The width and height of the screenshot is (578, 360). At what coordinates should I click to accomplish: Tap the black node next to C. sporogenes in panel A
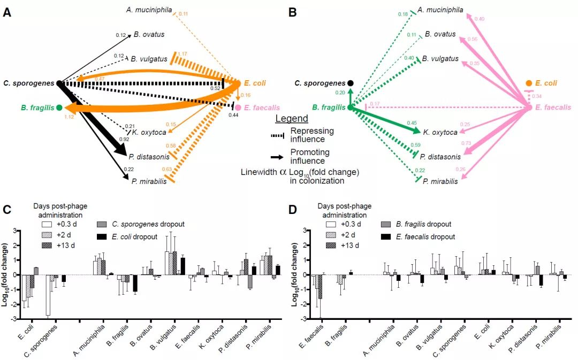(60, 83)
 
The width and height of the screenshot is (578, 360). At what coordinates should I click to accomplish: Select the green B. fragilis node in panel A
(59, 108)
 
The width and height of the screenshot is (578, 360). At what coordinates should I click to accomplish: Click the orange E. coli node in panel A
(238, 83)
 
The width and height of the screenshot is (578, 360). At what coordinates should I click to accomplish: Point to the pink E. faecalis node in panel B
(528, 108)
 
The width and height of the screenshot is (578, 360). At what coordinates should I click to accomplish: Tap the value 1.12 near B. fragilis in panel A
(69, 116)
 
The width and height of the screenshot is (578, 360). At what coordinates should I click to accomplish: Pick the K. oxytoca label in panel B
(440, 132)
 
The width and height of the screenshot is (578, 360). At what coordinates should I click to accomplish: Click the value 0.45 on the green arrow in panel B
(412, 122)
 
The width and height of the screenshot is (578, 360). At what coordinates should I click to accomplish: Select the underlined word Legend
(292, 119)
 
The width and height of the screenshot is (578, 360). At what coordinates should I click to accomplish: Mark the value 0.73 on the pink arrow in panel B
(466, 143)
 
